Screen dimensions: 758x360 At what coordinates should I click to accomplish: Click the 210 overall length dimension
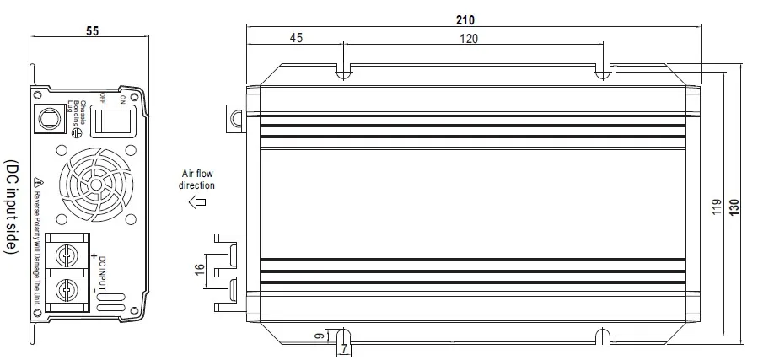(465, 19)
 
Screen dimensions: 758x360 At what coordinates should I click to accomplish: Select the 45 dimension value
(296, 38)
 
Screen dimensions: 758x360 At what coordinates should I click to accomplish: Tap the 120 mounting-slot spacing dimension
(469, 39)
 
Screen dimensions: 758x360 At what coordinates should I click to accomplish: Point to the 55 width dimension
(93, 31)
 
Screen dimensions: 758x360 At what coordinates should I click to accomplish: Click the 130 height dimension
(734, 207)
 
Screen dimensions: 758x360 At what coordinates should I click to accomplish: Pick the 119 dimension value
(717, 207)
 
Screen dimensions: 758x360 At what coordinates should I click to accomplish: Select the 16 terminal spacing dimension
(202, 268)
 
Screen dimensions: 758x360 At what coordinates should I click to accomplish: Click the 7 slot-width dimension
(344, 348)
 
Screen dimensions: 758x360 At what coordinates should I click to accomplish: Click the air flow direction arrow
(197, 202)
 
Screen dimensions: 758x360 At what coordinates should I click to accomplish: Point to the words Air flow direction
(196, 180)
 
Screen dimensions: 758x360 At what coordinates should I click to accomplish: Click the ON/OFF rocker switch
(113, 121)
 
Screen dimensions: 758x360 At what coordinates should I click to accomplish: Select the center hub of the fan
(96, 185)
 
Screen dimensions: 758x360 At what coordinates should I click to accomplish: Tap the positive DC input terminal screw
(64, 253)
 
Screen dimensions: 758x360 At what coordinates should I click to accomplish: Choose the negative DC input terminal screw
(64, 290)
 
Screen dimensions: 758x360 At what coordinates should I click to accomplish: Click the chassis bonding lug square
(49, 118)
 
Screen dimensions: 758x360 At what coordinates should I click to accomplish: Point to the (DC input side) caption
(11, 207)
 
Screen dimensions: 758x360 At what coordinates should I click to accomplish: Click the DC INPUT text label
(102, 273)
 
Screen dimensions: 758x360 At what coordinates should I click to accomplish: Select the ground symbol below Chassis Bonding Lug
(75, 132)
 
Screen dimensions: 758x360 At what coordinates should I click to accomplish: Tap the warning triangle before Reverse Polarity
(39, 182)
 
